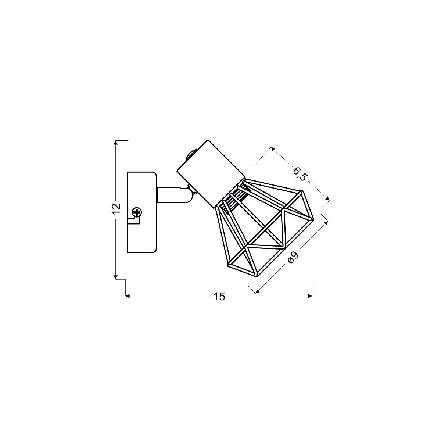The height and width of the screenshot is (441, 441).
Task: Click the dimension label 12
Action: pyautogui.click(x=116, y=208)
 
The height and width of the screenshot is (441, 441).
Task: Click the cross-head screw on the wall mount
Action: pyautogui.click(x=137, y=212)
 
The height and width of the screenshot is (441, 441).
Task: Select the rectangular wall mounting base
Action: pyautogui.click(x=142, y=213)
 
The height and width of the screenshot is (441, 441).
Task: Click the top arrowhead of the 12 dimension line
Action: pyautogui.click(x=116, y=143)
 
